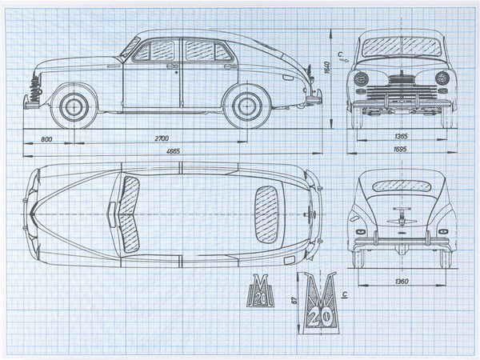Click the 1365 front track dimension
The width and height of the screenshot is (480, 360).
tap(398, 138)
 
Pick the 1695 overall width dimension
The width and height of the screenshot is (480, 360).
tap(398, 149)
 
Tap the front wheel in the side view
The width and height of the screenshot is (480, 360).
tap(74, 106)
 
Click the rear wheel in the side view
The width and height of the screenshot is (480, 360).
tap(244, 106)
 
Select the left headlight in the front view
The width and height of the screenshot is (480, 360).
tap(362, 78)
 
